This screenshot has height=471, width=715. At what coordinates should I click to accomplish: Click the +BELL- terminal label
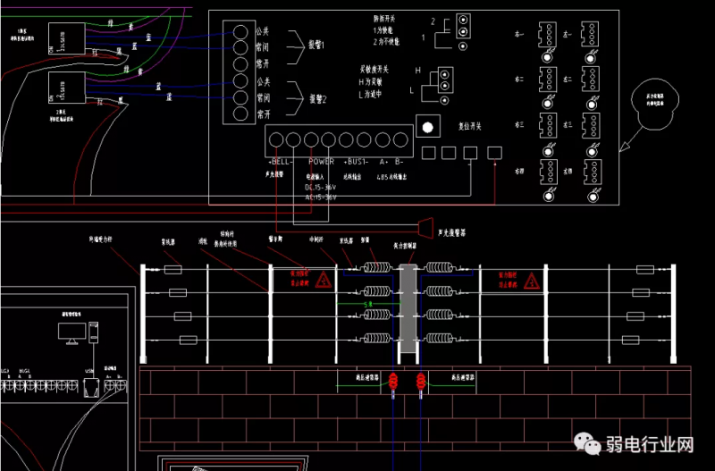pyautogui.click(x=280, y=162)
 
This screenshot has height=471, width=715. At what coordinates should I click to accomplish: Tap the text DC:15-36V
pyautogui.click(x=321, y=187)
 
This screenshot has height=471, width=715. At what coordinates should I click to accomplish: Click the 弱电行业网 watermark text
pyautogui.click(x=651, y=444)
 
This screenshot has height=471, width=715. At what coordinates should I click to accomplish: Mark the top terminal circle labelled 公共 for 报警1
pyautogui.click(x=240, y=31)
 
